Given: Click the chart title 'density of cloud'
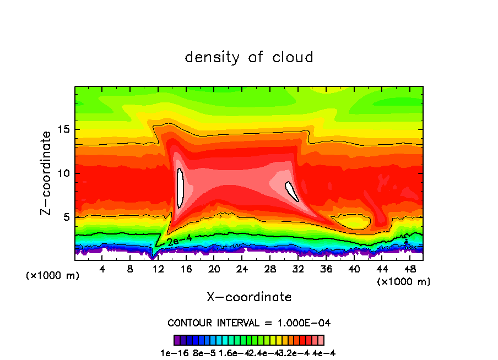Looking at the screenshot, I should click(249, 57).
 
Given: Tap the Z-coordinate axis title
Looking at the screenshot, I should click(48, 173).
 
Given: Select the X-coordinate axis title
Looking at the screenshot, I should click(249, 297).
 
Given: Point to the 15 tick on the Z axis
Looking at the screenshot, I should click(66, 130).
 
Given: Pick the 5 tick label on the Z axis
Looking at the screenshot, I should click(68, 217).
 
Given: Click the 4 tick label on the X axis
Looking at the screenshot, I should click(102, 269).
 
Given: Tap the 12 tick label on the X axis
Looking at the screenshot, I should click(158, 269).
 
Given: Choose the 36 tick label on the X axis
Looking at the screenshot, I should click(326, 269).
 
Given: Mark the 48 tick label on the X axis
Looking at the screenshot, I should click(409, 269).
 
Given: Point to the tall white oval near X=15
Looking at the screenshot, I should click(180, 188).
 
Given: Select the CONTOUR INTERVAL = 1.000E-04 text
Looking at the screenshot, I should click(249, 323).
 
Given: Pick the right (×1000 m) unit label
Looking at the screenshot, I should click(404, 282).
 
